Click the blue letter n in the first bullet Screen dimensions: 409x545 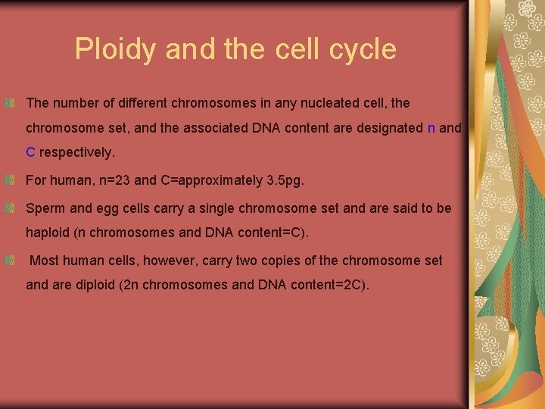[x=431, y=128]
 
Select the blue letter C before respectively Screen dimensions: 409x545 [x=30, y=152]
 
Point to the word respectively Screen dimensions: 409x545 [x=77, y=152]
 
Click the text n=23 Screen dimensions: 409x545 [x=111, y=181]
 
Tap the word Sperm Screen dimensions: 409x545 [x=45, y=208]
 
